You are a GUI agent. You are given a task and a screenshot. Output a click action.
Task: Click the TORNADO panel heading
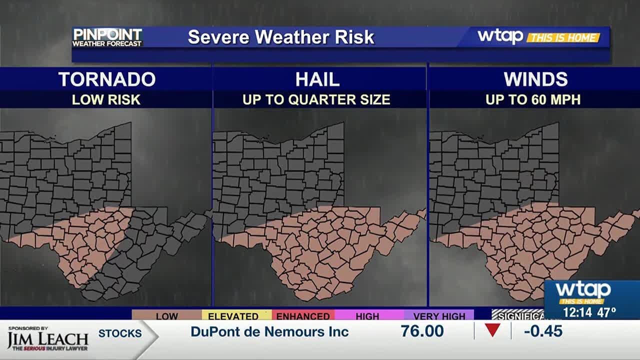pos(106,79)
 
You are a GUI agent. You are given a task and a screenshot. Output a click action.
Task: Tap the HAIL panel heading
pos(317,79)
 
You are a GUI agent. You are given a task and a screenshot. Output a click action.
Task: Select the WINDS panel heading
pos(535,79)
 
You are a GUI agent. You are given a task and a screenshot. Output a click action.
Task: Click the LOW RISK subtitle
pos(106,99)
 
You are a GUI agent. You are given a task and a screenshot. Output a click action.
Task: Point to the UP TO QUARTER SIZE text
pos(316,99)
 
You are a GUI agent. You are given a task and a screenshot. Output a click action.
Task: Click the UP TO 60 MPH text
pos(533,99)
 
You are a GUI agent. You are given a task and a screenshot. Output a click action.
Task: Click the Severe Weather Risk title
pos(281,37)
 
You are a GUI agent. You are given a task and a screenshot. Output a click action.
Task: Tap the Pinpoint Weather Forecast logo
pos(107,37)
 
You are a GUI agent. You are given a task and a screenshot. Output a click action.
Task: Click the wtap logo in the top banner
pos(500,36)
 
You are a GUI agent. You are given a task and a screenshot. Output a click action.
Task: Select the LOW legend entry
pos(166,316)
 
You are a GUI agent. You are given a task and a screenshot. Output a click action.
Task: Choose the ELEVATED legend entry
pos(233,316)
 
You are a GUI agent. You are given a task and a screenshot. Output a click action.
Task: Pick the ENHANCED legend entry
pos(303,316)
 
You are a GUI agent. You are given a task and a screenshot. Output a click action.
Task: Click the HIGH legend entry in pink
pos(367,316)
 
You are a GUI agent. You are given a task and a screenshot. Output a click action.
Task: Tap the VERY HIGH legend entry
pos(439,316)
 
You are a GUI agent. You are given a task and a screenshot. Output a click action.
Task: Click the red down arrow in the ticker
pos(492,330)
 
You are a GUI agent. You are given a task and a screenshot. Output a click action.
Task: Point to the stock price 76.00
pos(422,331)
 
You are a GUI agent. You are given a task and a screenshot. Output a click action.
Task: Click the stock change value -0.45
pos(543,331)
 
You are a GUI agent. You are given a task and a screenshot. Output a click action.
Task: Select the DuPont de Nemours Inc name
pos(269,331)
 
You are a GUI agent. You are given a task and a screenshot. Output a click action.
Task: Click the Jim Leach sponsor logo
pos(47,339)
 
